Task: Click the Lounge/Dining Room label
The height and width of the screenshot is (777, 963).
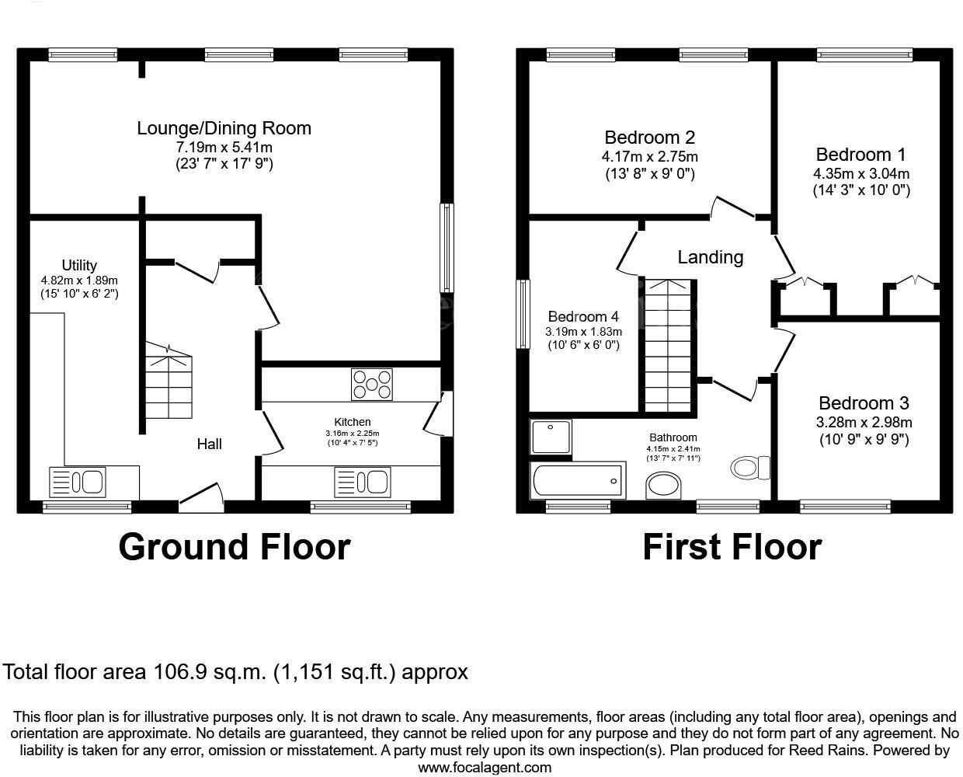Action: coord(224,128)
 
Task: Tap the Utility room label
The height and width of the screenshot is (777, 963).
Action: coord(79,265)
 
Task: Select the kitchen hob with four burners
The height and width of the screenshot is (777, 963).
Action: coord(373,385)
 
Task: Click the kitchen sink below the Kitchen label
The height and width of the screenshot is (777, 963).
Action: coord(362,483)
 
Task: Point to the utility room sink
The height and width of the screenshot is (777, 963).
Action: coord(77,482)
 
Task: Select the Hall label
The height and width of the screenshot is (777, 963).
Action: coord(209,444)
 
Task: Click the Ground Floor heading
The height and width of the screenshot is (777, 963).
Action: coord(234,547)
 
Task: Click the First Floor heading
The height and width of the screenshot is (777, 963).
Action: coord(732,547)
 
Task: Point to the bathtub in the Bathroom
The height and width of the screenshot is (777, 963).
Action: coord(578,480)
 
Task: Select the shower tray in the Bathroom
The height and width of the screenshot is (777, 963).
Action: coord(551,437)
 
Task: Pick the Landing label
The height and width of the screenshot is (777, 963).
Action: coord(710,257)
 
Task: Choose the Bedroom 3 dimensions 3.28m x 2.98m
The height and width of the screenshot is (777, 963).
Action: coord(864,423)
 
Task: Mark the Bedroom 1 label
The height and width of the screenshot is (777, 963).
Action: coord(860,154)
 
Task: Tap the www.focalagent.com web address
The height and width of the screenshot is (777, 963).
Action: coord(485,768)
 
